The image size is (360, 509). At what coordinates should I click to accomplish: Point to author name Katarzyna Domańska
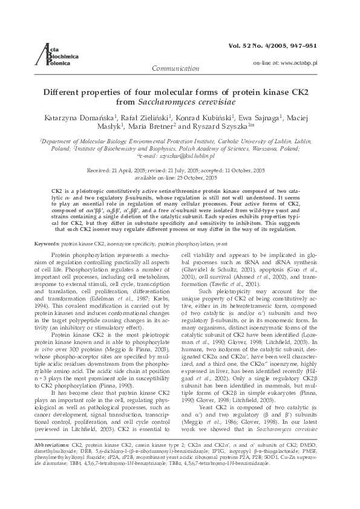click(x=67, y=117)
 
